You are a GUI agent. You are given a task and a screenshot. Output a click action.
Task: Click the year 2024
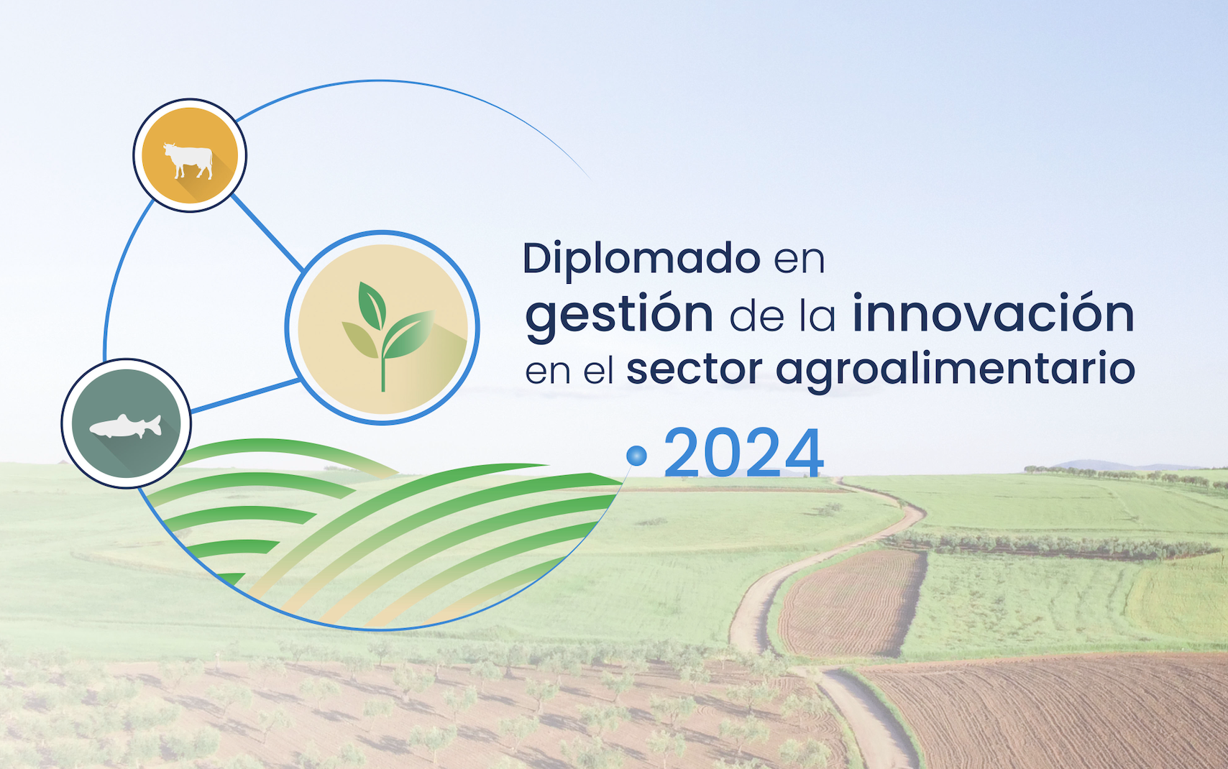744,453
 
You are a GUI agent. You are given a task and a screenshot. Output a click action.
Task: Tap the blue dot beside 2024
636,456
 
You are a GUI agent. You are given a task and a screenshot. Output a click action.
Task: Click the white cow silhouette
188,160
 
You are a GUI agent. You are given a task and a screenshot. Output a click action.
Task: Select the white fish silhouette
126,426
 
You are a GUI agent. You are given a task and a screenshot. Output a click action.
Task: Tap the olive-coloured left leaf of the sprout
360,339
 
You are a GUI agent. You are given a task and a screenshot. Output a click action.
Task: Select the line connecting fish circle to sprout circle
246,395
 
